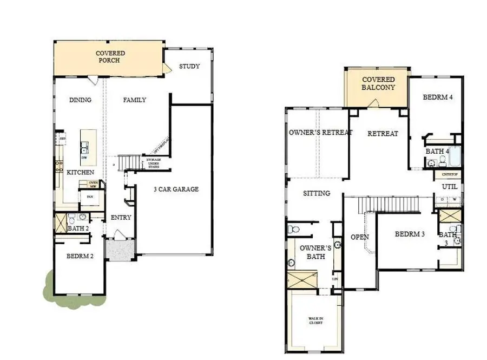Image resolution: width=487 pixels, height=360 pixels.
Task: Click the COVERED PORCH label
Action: click(x=110, y=57)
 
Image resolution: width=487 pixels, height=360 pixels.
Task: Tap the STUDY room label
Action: click(x=189, y=67)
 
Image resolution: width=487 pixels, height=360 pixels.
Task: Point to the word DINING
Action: click(x=80, y=100)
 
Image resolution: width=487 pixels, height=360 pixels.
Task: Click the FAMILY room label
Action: click(x=134, y=100)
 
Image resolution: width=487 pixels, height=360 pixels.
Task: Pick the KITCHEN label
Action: click(x=80, y=172)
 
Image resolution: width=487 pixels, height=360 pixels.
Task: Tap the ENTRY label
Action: click(x=121, y=218)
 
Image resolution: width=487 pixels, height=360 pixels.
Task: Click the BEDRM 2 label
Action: click(x=80, y=256)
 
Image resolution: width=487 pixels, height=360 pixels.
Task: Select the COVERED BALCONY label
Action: click(x=378, y=83)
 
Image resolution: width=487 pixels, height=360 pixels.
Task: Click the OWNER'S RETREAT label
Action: click(x=320, y=133)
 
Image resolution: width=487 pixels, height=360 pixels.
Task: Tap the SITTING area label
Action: click(x=316, y=193)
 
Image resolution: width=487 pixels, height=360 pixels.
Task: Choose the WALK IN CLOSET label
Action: click(x=315, y=320)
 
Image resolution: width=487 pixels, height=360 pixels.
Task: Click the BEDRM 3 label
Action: click(x=409, y=234)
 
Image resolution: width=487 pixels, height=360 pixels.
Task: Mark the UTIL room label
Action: click(x=450, y=186)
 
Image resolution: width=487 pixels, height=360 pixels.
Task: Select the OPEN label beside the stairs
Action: click(x=359, y=237)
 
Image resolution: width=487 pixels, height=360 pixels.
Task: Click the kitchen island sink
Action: click(x=85, y=146)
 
